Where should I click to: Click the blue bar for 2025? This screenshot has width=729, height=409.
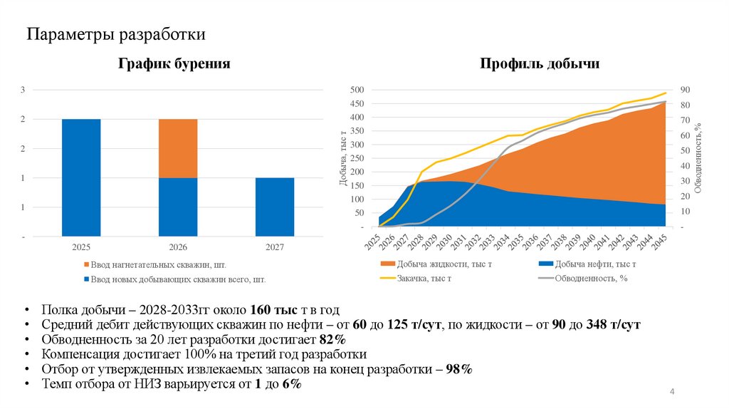click(81, 177)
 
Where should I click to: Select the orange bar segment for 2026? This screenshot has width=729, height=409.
click(178, 148)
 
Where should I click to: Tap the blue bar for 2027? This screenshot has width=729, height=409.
click(274, 207)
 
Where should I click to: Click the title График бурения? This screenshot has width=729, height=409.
click(174, 64)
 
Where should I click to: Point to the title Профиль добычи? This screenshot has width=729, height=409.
click(539, 64)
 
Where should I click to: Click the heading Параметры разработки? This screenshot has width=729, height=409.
click(117, 34)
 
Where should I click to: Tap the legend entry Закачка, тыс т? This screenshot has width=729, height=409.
click(426, 279)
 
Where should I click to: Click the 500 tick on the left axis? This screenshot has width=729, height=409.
click(356, 90)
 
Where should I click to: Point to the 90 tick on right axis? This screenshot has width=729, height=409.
click(684, 90)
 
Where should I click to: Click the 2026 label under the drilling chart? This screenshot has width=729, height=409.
click(178, 247)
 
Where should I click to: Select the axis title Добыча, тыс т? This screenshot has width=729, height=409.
click(342, 157)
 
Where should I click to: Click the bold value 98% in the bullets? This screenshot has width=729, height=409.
click(458, 369)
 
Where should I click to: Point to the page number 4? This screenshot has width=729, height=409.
click(672, 393)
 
